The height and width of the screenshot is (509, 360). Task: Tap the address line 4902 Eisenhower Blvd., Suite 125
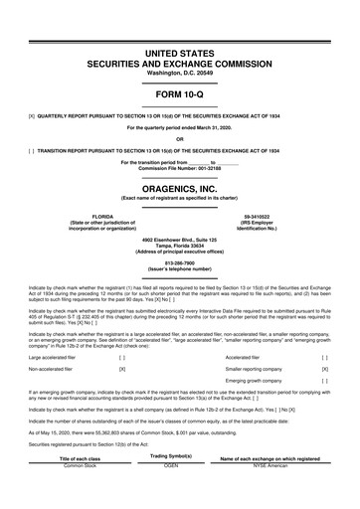click(x=180, y=242)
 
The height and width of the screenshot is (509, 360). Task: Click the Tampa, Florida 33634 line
click(x=180, y=248)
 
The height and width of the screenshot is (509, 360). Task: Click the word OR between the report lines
click(x=180, y=138)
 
